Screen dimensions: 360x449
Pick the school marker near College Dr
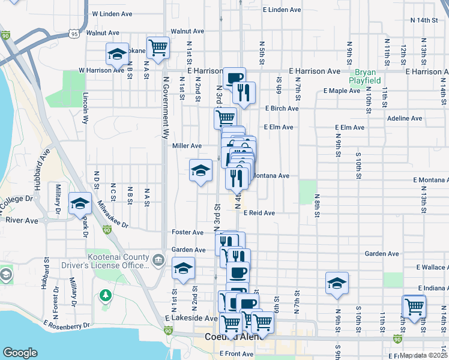[x=80, y=203]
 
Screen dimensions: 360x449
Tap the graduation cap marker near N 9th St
[x=337, y=283]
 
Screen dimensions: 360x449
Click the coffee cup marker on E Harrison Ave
[x=234, y=77]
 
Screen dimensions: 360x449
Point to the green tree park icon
[x=106, y=295]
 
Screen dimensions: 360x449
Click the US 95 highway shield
[x=74, y=34]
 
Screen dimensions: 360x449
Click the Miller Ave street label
[x=187, y=146]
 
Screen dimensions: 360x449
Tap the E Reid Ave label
[x=259, y=213]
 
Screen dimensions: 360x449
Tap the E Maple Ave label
[x=341, y=91]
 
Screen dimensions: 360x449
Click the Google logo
[x=20, y=353]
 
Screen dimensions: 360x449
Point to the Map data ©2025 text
[x=423, y=355]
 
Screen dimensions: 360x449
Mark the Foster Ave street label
[x=187, y=232]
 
